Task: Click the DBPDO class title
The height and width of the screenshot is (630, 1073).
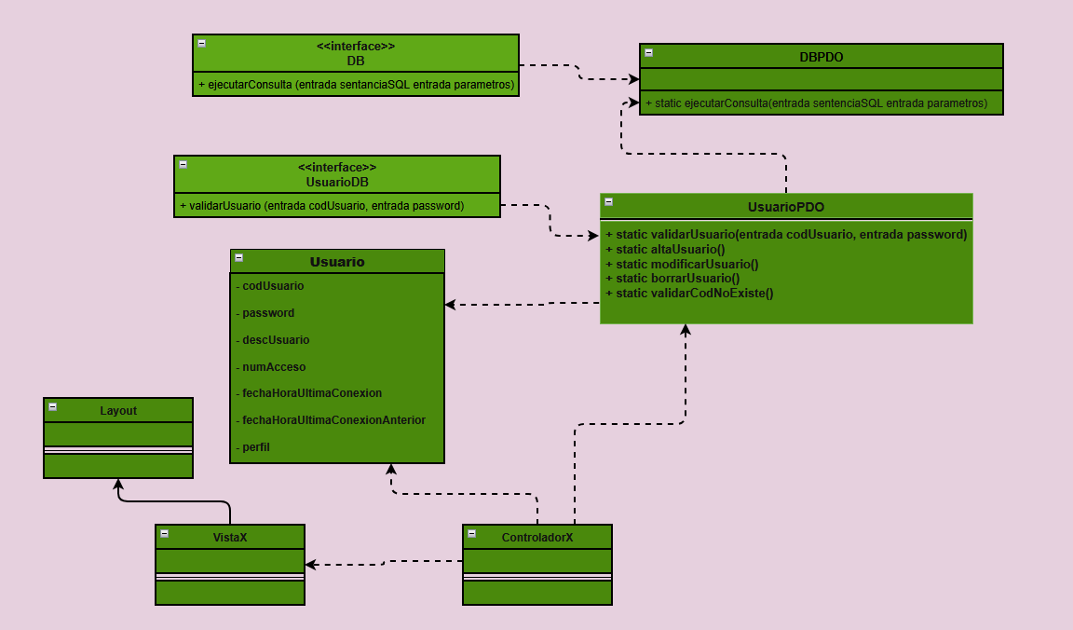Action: click(822, 57)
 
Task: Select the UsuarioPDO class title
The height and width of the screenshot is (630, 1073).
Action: click(785, 207)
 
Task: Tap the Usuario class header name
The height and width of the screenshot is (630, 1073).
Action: click(337, 262)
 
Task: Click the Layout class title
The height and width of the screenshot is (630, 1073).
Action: click(118, 411)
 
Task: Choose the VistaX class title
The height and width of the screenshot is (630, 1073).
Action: click(230, 538)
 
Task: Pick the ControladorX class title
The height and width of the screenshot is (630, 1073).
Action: click(537, 538)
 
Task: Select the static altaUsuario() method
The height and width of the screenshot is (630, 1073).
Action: click(665, 250)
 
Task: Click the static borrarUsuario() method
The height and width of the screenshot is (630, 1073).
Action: click(672, 279)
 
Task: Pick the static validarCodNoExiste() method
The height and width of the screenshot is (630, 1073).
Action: click(689, 293)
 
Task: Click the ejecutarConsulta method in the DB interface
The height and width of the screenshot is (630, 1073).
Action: click(356, 85)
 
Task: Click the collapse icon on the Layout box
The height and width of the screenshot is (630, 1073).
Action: click(53, 407)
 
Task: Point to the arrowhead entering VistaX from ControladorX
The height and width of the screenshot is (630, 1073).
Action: click(311, 565)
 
